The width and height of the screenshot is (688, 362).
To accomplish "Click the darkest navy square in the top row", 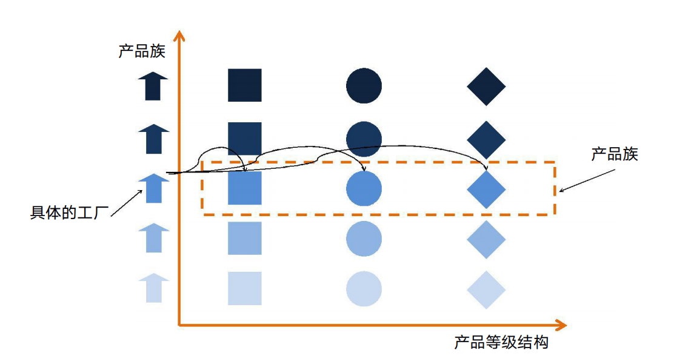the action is coord(245,85).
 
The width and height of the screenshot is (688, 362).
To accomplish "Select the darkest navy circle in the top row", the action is coord(364,85).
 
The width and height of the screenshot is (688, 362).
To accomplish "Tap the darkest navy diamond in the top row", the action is coord(486,87).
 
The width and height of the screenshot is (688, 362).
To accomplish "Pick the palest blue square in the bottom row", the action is coord(245,288).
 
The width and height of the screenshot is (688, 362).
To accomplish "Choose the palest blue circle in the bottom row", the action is coord(364,289).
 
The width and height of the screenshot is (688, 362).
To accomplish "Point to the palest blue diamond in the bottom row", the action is coord(486,290).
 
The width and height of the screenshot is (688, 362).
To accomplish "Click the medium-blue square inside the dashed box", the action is coord(245,188).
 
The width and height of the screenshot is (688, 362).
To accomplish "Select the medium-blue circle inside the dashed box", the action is coord(364,188).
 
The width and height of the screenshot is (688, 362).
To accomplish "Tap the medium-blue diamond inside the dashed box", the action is coord(486,189).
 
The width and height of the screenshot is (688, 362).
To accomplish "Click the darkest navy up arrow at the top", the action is coord(153,87).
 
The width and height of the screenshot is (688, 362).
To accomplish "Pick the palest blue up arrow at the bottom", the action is coord(153,288).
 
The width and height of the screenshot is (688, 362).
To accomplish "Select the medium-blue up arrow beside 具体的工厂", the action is coord(153,188).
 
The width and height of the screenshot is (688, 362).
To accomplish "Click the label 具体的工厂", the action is coord(69,212).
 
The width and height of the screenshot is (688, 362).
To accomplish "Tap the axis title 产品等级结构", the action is coord(501,342).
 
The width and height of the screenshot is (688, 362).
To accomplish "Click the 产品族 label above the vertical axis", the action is coord(142,51).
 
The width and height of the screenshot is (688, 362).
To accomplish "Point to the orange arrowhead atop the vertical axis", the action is coord(179,35).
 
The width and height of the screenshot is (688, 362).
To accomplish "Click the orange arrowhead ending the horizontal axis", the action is coord(561,325).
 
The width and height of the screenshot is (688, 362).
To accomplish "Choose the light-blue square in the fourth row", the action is coord(245,238).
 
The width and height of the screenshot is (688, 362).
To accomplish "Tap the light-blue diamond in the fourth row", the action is coord(486,239).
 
